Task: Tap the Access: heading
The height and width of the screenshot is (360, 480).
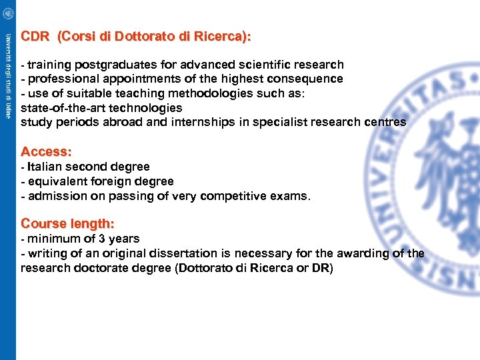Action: click(x=46, y=151)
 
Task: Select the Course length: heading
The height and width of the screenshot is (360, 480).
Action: click(x=67, y=223)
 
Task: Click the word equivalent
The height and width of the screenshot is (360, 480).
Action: click(x=59, y=181)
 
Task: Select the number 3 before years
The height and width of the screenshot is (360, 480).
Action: click(x=101, y=239)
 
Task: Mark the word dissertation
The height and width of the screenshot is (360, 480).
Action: click(x=173, y=253)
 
